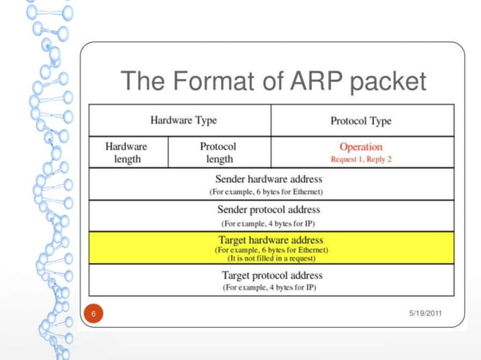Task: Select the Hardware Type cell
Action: click(x=180, y=121)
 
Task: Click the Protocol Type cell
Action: click(x=361, y=121)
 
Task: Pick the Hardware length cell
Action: click(x=126, y=153)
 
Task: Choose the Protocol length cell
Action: click(x=218, y=153)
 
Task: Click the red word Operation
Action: click(x=361, y=147)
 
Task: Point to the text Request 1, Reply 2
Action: click(x=361, y=160)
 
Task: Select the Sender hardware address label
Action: click(x=269, y=179)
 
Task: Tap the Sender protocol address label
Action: click(x=269, y=209)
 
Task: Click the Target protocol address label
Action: click(x=269, y=276)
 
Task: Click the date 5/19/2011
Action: click(x=424, y=313)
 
